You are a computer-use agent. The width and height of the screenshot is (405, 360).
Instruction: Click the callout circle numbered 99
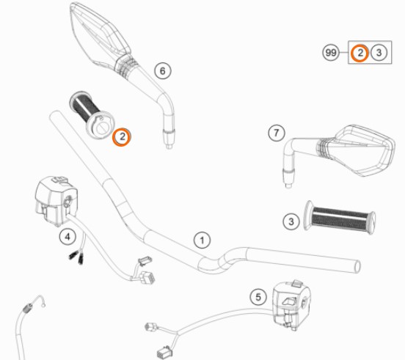[x=331, y=53]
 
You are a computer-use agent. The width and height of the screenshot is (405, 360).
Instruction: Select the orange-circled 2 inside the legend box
[x=360, y=53]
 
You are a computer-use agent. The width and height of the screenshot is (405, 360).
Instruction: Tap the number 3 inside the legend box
[x=379, y=53]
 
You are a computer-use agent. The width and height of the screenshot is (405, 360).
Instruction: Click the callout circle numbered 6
[x=163, y=70]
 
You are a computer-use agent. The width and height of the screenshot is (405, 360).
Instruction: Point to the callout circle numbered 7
[x=277, y=133]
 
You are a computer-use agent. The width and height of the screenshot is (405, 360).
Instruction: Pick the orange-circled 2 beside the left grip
[x=122, y=136]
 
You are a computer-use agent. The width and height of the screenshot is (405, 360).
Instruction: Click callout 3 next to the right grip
[x=291, y=221]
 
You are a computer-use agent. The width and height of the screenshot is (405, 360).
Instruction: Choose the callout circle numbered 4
[x=67, y=236]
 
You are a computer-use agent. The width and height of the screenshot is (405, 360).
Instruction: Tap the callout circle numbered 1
[x=202, y=240]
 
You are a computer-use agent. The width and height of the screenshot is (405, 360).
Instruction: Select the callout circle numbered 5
[x=258, y=297]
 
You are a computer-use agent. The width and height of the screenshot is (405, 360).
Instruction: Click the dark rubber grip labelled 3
[x=340, y=218]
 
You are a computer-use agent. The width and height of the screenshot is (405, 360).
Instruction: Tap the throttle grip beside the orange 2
[x=92, y=114]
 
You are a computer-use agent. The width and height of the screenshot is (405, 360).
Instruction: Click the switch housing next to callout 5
[x=292, y=304]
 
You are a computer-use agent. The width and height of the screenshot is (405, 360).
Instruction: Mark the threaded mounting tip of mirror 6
[x=169, y=139]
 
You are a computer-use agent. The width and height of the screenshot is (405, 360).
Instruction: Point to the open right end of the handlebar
[x=357, y=266]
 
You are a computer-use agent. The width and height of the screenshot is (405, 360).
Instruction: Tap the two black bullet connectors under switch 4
[x=77, y=257]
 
